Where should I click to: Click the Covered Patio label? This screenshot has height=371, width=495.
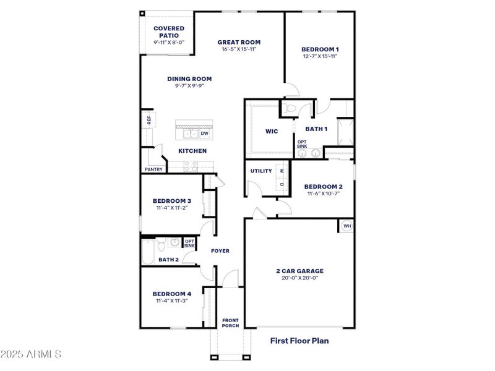(168, 32)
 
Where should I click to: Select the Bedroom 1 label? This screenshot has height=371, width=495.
(319, 49)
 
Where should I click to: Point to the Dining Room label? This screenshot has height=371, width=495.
(189, 79)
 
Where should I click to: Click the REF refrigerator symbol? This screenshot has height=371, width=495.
(148, 119)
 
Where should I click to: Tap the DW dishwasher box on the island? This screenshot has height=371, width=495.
(204, 133)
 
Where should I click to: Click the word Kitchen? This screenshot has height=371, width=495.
(192, 151)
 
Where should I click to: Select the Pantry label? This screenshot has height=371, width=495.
(153, 169)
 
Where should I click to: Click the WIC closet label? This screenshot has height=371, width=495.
(272, 131)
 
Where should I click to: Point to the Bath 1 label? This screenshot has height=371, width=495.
(316, 129)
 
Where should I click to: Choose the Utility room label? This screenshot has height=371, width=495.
(261, 171)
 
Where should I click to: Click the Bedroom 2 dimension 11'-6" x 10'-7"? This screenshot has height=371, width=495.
(322, 194)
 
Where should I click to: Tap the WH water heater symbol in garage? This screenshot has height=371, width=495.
(346, 226)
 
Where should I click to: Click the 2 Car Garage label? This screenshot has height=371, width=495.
(299, 271)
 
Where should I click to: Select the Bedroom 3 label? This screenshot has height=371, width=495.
(171, 201)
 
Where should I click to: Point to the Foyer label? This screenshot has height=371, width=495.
(220, 251)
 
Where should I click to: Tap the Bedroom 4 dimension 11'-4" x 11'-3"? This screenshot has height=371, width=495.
(171, 301)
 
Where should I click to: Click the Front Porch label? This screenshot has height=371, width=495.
(231, 323)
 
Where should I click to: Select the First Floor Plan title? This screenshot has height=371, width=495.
(299, 340)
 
